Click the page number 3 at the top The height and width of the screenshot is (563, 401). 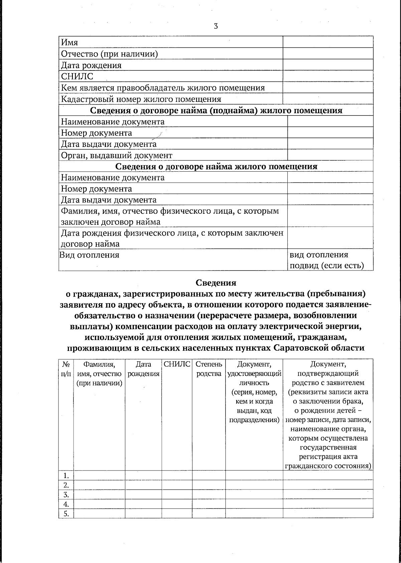pyautogui.click(x=216, y=26)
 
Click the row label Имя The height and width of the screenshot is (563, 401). pyautogui.click(x=70, y=42)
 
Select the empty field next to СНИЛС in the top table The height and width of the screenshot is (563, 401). pyautogui.click(x=328, y=76)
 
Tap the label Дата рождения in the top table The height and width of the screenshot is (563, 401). pyautogui.click(x=91, y=65)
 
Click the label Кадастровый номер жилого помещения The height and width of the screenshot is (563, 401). pyautogui.click(x=141, y=99)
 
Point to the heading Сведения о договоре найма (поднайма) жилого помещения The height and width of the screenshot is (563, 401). pyautogui.click(x=216, y=111)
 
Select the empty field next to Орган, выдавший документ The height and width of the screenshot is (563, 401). pyautogui.click(x=330, y=155)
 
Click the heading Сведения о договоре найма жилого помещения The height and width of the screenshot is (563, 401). pyautogui.click(x=216, y=166)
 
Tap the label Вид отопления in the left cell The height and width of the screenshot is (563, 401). pyautogui.click(x=90, y=255)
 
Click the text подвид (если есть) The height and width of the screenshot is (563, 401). pyautogui.click(x=326, y=266)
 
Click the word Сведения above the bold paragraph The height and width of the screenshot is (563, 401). pyautogui.click(x=216, y=283)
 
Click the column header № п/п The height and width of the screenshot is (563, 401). pyautogui.click(x=66, y=369)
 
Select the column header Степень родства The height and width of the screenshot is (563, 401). pyautogui.click(x=209, y=369)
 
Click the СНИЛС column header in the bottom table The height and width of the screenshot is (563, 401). pyautogui.click(x=177, y=364)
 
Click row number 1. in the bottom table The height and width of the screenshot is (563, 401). pyautogui.click(x=66, y=475)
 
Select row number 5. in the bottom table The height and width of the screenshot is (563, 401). pyautogui.click(x=66, y=514)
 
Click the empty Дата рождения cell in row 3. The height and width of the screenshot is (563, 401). pyautogui.click(x=143, y=494)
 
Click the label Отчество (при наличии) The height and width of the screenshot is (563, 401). pyautogui.click(x=109, y=54)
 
